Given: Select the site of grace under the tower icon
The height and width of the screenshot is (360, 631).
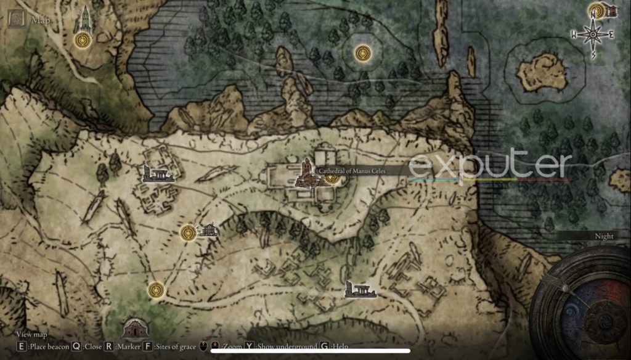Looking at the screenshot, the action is coord(82,41).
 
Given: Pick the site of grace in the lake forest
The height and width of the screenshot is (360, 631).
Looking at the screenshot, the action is coord(362,53).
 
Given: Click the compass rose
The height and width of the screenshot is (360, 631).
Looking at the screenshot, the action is coord(593,35).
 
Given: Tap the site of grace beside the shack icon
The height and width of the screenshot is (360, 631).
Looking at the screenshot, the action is coord(188,232).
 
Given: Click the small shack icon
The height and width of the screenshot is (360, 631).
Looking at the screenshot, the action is coord(207,231).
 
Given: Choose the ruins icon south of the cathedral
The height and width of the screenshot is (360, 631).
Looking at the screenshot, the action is coord(360,289).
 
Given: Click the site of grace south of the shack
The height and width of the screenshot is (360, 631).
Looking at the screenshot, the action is coord(156,288).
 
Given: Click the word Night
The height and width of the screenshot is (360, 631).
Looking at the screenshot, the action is coord(604,236).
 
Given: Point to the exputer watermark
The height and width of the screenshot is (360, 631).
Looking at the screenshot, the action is coord(490,165).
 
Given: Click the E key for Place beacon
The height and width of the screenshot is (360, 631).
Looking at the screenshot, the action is coord(22,346).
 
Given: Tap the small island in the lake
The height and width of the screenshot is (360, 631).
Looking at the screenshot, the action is coord(542,71).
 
